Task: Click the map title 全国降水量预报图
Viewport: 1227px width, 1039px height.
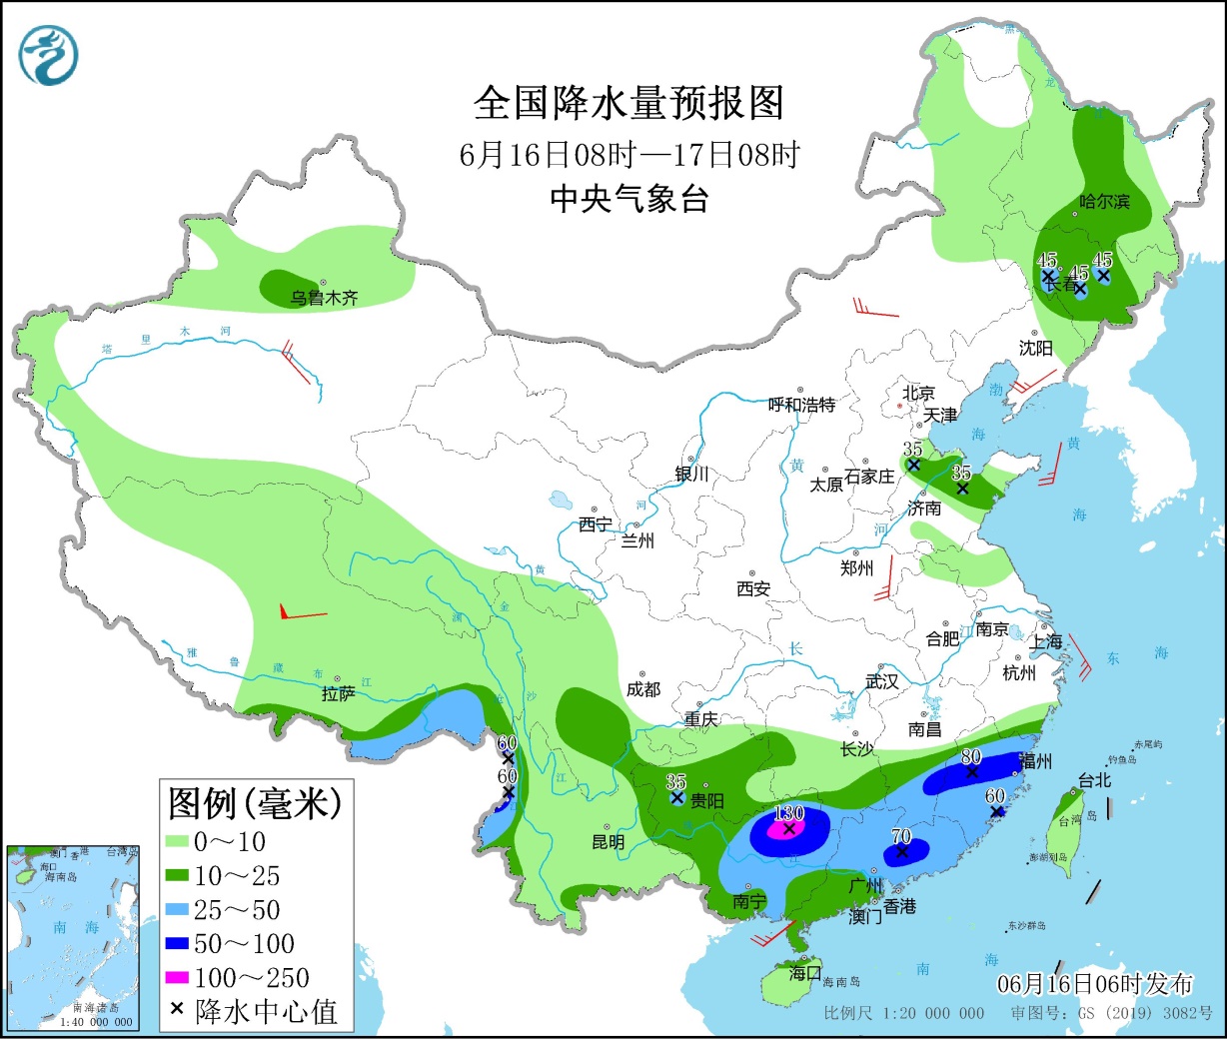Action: tap(628, 103)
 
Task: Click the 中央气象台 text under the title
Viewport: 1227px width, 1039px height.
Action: tap(628, 199)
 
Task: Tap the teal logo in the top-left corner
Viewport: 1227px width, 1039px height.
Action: tap(48, 55)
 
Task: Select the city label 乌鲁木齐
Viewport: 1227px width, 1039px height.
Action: tap(324, 298)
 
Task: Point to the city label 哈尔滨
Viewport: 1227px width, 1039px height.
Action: tap(1104, 202)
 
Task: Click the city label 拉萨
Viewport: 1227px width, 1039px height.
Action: tap(338, 693)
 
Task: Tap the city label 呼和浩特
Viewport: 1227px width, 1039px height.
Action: tap(801, 405)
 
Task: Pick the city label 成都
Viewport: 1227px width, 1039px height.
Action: tap(643, 689)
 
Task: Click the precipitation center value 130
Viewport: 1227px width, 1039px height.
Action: tap(789, 813)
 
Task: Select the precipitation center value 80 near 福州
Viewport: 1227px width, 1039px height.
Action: tap(971, 757)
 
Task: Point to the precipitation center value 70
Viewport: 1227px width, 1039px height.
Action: tap(901, 836)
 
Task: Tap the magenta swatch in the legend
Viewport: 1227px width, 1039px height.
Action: tap(177, 977)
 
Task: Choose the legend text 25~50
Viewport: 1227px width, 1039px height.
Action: tap(237, 910)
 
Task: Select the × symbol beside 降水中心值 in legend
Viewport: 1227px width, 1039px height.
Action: tap(177, 1010)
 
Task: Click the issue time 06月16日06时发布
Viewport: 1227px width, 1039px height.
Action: tap(1095, 984)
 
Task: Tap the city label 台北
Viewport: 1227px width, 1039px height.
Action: tap(1094, 780)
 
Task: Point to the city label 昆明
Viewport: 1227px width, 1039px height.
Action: tap(608, 842)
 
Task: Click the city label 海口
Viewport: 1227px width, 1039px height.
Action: tap(804, 972)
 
